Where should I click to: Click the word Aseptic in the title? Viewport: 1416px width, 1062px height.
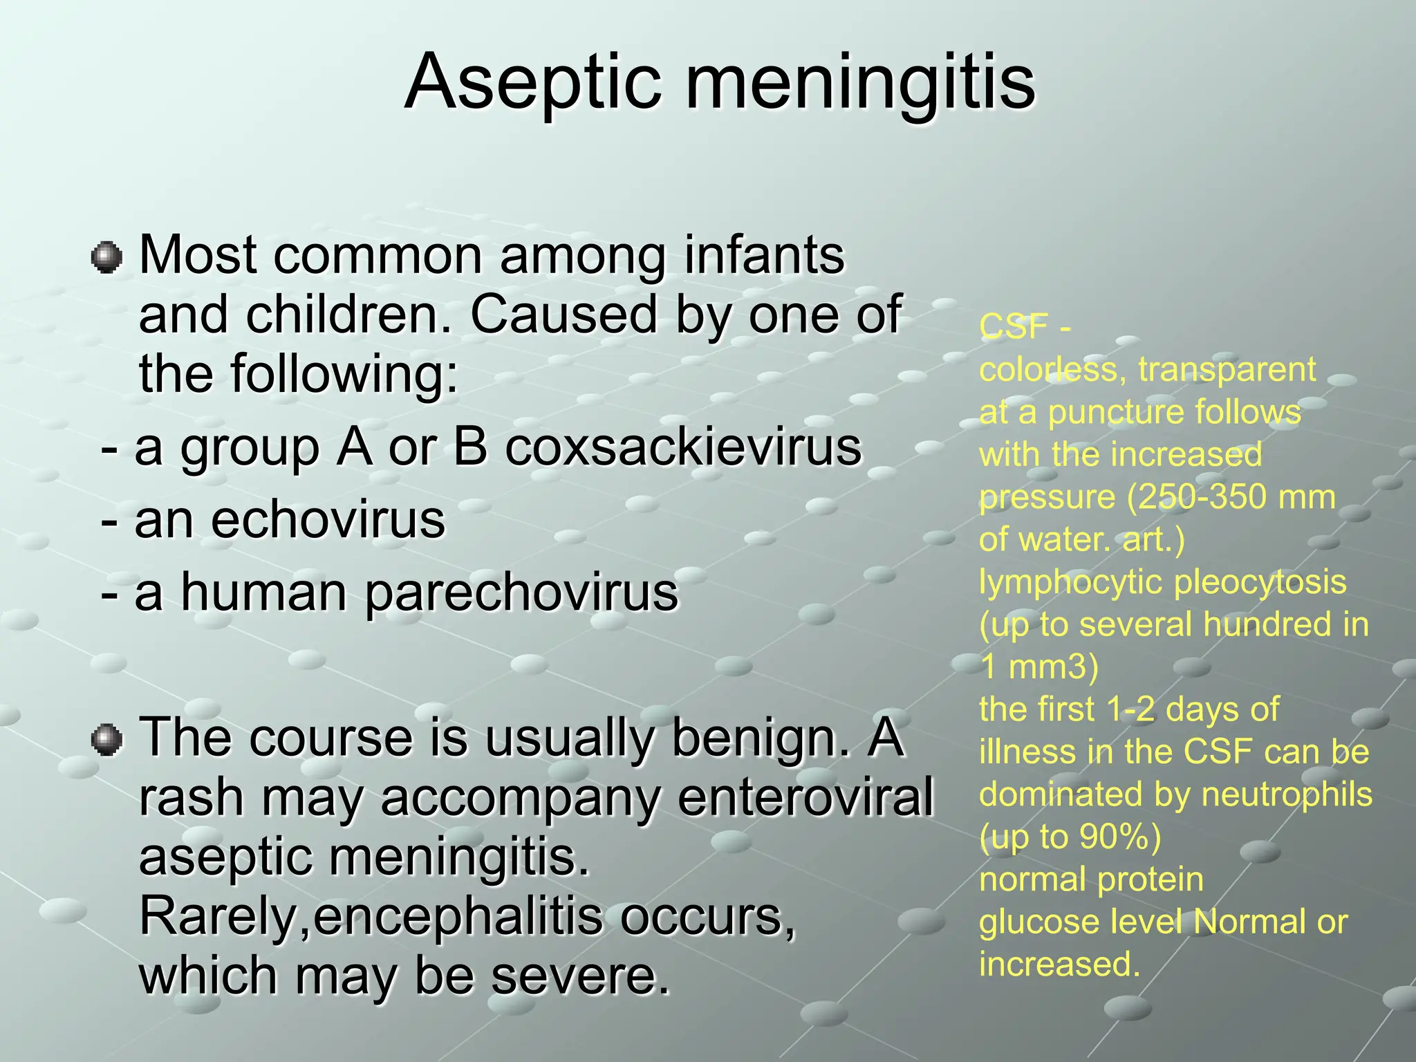(x=532, y=83)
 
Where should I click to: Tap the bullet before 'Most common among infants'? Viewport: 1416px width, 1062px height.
(x=107, y=258)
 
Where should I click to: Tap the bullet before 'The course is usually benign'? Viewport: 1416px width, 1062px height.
(x=107, y=740)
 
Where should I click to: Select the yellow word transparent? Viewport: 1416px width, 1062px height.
(x=1227, y=370)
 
